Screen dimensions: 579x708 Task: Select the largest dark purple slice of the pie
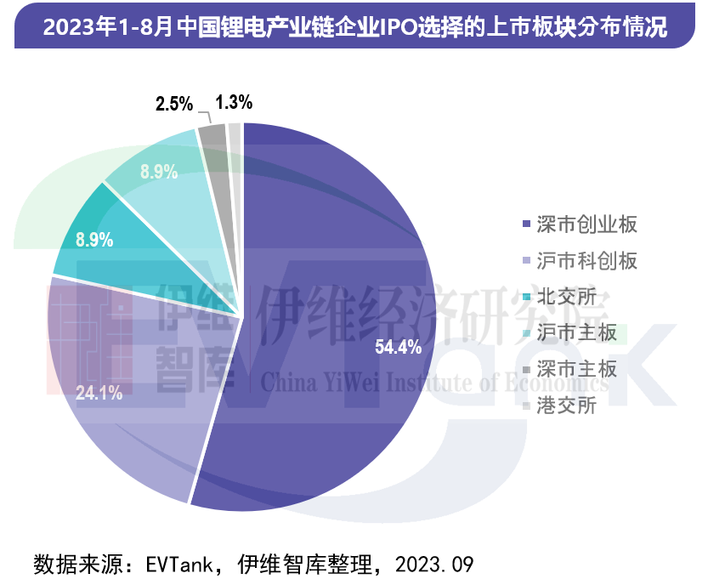[340, 281]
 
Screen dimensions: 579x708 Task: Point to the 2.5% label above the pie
[174, 104]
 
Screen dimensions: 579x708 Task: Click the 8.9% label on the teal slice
[94, 240]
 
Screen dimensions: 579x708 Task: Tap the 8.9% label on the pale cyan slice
[159, 172]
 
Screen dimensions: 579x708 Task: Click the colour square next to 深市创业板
[527, 225]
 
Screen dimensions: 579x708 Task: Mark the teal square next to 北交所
[527, 298]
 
